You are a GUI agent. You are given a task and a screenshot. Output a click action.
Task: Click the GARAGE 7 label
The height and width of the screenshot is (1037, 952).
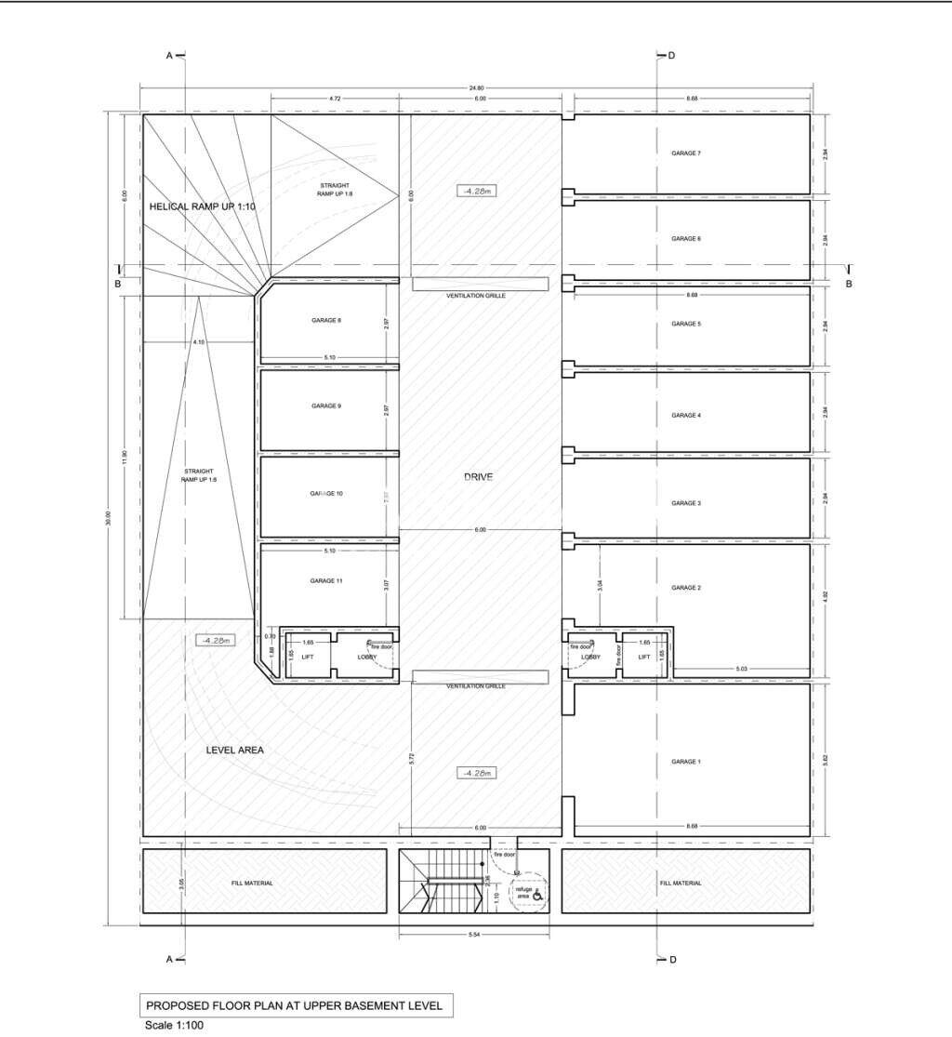click(x=686, y=153)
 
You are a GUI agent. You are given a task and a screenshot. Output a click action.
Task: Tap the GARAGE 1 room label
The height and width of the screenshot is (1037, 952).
click(x=686, y=762)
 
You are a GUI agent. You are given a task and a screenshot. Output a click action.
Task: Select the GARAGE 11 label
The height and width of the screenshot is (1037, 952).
click(x=326, y=580)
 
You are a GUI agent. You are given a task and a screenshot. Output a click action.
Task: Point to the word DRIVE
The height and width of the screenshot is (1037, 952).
click(x=478, y=477)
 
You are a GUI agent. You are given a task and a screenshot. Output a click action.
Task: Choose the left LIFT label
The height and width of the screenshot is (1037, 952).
click(x=294, y=657)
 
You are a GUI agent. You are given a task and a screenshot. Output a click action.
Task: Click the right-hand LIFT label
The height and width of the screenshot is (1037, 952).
click(x=644, y=657)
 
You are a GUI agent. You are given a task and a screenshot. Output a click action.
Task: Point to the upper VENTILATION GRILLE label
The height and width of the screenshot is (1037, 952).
click(x=476, y=295)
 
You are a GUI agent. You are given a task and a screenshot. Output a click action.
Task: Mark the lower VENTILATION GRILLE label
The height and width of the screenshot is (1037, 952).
click(x=476, y=685)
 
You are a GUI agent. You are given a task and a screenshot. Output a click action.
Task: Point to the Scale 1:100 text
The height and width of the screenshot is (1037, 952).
click(x=173, y=1026)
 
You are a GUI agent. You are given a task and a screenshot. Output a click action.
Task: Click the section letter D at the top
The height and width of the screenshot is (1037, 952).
click(x=671, y=56)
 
